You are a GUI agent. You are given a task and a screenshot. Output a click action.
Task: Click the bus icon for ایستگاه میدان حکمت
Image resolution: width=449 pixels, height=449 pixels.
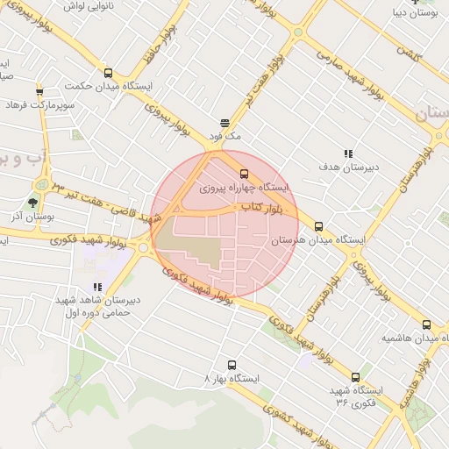click(x=108, y=74)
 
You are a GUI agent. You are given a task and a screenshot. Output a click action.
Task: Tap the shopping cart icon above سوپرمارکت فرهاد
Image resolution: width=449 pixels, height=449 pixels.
click(x=39, y=91)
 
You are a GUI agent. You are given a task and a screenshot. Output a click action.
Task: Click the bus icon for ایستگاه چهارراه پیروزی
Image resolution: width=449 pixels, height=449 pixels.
click(x=244, y=174)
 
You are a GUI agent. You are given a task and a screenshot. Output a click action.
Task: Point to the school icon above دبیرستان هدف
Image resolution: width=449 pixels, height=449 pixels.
click(x=348, y=153)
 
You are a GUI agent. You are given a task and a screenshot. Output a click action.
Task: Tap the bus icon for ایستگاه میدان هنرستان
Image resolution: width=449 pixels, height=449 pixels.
click(x=318, y=226)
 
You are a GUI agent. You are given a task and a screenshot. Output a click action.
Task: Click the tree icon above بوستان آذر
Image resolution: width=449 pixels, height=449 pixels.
click(x=32, y=203)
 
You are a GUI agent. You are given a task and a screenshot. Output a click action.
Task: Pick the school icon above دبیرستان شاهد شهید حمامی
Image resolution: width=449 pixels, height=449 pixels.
click(x=97, y=287)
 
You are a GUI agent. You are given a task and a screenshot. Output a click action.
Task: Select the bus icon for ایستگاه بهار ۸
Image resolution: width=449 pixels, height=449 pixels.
click(x=232, y=365)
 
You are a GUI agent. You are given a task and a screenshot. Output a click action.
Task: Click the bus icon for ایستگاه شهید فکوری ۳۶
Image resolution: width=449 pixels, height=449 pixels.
click(x=355, y=377)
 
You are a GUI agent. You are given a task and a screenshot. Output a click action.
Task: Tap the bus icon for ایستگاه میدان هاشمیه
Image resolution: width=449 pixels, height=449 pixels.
click(x=426, y=324)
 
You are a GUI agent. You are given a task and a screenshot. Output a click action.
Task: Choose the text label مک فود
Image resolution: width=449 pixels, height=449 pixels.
click(x=224, y=137)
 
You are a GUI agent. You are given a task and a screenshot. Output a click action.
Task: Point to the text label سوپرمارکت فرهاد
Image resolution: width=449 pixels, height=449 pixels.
click(x=38, y=105)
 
